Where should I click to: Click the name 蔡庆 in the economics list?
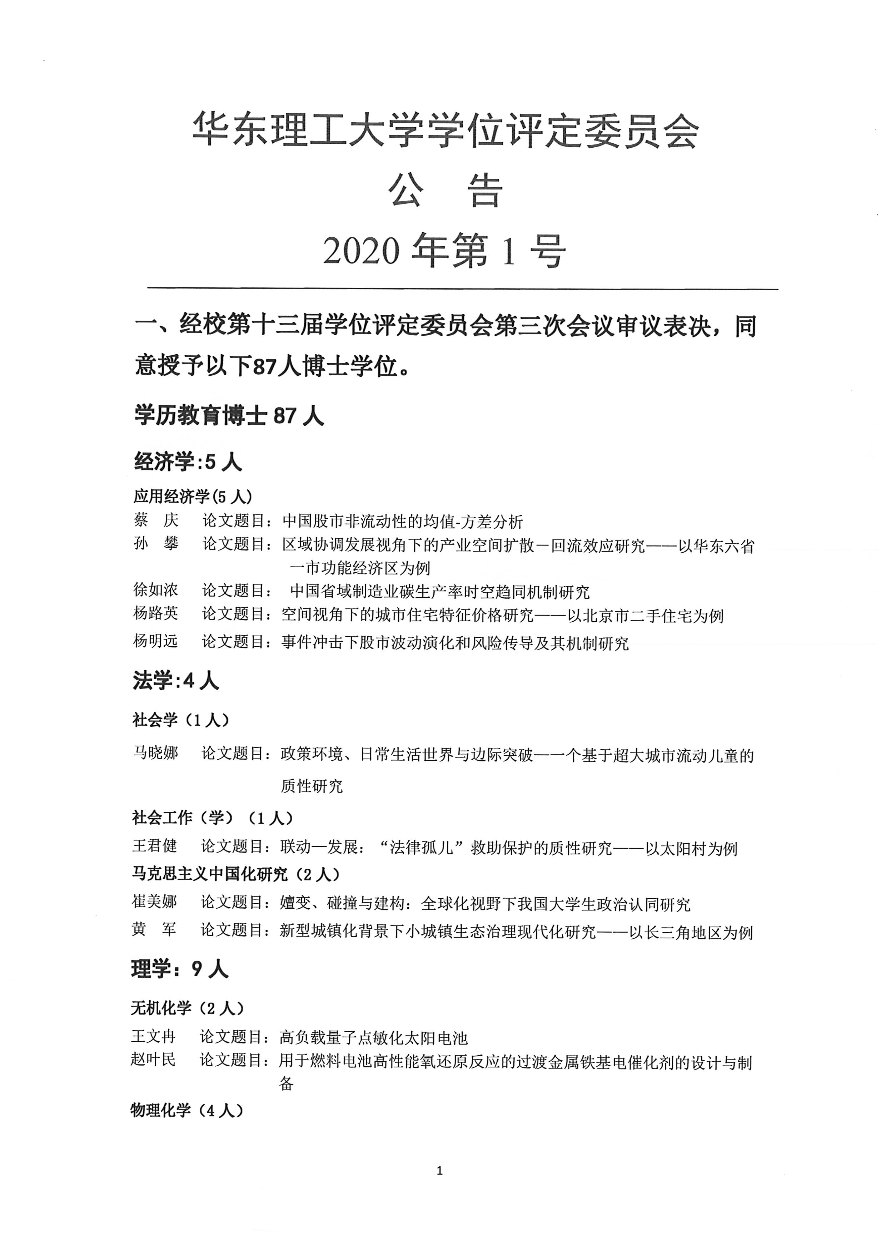click(x=155, y=520)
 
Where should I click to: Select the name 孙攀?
click(x=155, y=544)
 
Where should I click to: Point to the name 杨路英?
click(x=155, y=613)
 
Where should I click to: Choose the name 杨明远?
click(x=155, y=640)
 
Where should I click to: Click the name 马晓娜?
click(x=155, y=753)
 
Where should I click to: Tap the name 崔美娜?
click(x=154, y=902)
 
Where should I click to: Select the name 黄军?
click(x=154, y=929)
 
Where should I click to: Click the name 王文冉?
click(x=153, y=1036)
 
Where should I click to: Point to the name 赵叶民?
click(x=153, y=1060)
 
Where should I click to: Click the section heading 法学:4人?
click(x=176, y=681)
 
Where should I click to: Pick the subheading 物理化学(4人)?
click(x=187, y=1110)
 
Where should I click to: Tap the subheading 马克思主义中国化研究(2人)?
click(x=236, y=874)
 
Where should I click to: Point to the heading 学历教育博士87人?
click(x=229, y=416)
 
